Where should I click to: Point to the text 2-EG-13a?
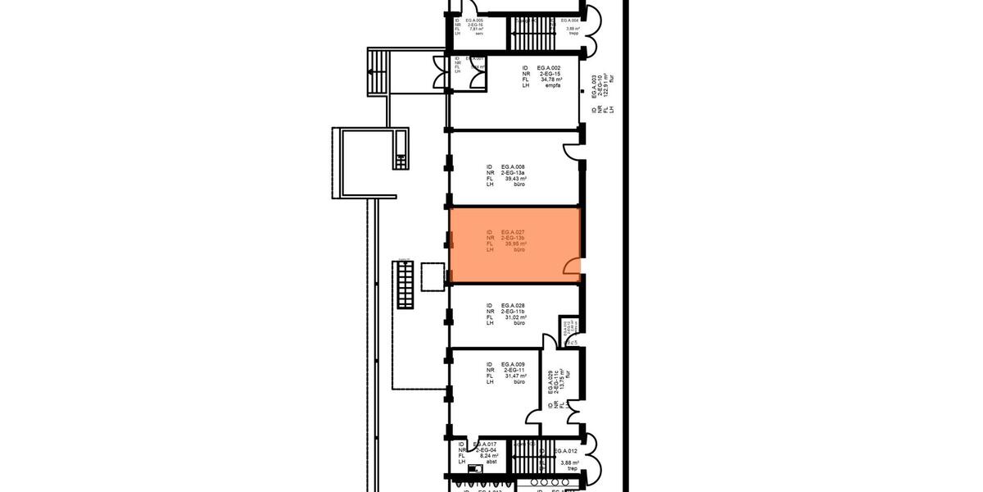pyautogui.click(x=514, y=172)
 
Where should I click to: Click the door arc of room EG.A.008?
pyautogui.click(x=571, y=150)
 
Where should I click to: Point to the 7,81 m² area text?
pyautogui.click(x=475, y=28)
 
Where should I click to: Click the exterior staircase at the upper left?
pyautogui.click(x=378, y=72)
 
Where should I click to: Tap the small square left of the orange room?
pyautogui.click(x=431, y=276)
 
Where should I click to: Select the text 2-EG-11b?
pyautogui.click(x=514, y=311)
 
